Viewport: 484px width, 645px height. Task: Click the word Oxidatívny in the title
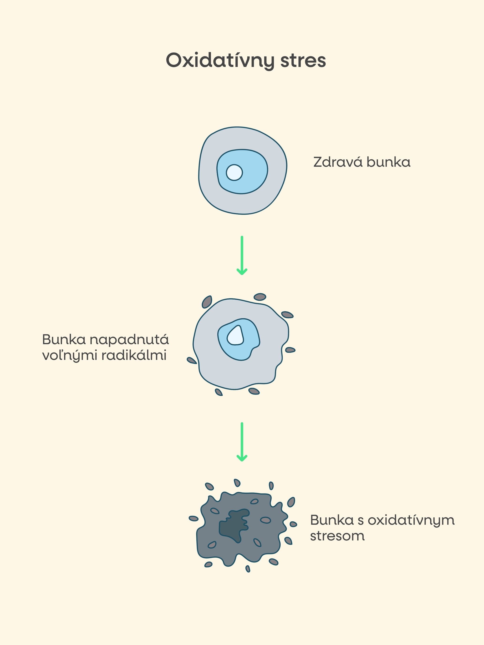click(220, 61)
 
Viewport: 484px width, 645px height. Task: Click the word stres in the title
click(303, 61)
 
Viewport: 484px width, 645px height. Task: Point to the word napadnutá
click(129, 340)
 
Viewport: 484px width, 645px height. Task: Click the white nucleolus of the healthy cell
click(234, 172)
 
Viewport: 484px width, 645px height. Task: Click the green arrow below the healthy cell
click(242, 255)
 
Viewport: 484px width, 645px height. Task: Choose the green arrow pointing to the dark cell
click(242, 442)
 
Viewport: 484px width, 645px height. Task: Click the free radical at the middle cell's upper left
click(207, 302)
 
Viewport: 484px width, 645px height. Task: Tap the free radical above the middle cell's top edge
click(260, 297)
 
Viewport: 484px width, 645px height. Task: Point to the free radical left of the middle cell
click(192, 360)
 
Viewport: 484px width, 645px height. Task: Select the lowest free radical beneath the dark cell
click(248, 569)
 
